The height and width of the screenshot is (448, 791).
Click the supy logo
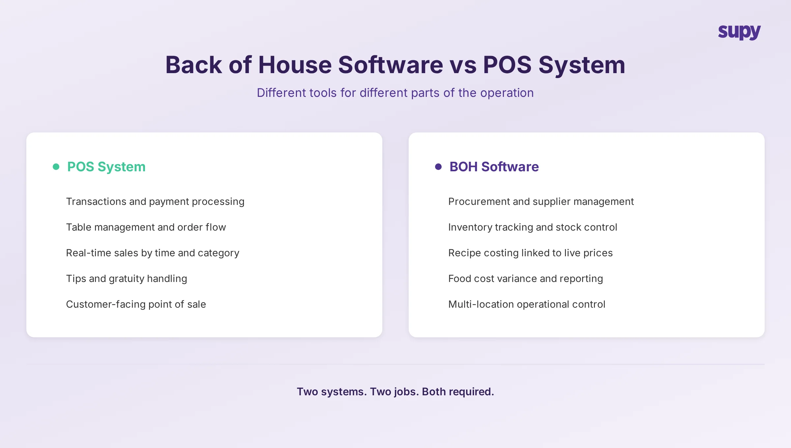(739, 32)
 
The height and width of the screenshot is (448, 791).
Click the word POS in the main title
(507, 65)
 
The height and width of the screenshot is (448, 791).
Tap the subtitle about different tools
(395, 93)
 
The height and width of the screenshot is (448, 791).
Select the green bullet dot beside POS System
(56, 167)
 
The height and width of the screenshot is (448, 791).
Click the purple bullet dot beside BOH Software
(438, 167)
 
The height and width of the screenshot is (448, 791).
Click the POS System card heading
(106, 167)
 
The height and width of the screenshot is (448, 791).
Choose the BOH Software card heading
(494, 167)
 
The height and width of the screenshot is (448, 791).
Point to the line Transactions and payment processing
(155, 202)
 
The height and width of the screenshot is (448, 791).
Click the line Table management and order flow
(146, 227)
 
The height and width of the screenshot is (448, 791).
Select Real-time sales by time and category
(152, 253)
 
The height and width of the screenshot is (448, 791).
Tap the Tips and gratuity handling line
(126, 279)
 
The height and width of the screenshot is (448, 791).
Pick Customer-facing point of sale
(136, 304)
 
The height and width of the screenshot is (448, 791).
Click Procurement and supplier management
(541, 202)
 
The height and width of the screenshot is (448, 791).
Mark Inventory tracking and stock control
(532, 227)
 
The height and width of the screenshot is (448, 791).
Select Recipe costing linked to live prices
(530, 253)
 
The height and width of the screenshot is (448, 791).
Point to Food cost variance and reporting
(525, 279)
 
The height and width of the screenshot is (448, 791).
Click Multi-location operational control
(526, 304)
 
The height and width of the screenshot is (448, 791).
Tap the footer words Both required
(458, 392)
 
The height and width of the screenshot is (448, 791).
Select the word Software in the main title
(391, 65)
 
